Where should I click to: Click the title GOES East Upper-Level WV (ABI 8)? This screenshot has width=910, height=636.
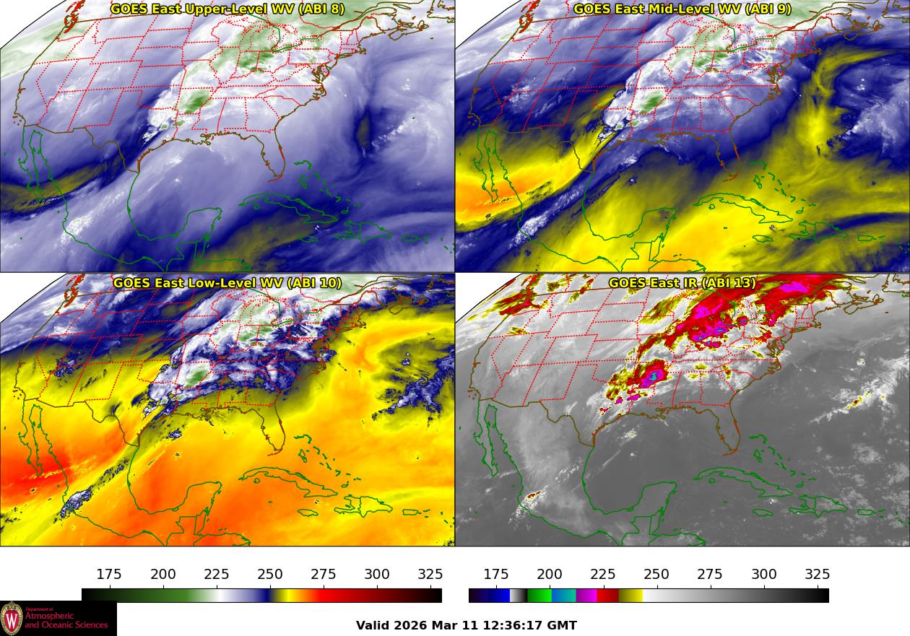click(227, 9)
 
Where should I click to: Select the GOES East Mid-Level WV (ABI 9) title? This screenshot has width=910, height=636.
click(682, 9)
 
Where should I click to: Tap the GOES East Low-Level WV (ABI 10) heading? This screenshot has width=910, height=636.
click(227, 283)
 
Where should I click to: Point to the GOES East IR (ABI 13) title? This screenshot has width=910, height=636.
click(682, 283)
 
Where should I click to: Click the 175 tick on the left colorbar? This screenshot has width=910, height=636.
click(109, 575)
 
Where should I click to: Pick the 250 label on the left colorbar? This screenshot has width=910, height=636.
click(270, 575)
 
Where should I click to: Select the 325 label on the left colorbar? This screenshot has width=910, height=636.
click(430, 575)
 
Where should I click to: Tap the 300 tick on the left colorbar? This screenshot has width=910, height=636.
click(377, 575)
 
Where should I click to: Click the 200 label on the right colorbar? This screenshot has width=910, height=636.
click(550, 575)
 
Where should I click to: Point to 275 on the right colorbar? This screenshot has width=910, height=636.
click(710, 575)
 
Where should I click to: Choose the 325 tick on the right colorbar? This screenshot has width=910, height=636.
click(818, 575)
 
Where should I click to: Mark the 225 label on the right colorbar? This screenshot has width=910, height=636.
click(603, 575)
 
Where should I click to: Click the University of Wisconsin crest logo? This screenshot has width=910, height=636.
click(12, 619)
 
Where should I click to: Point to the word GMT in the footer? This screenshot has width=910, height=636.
click(563, 625)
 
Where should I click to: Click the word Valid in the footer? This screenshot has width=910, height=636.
click(373, 625)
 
